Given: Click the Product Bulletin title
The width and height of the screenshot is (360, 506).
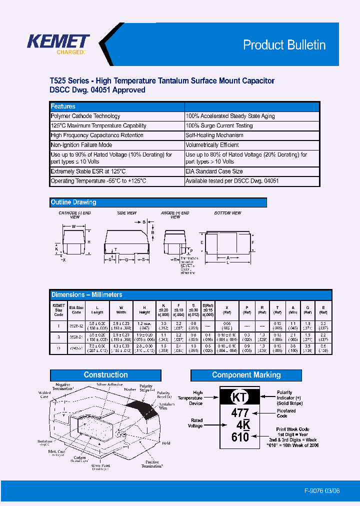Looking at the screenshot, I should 284,45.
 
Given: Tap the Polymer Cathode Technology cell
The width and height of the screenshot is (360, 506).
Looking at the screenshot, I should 85,116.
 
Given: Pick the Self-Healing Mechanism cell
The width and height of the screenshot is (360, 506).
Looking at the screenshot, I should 214,135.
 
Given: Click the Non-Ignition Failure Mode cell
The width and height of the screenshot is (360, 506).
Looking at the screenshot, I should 81,145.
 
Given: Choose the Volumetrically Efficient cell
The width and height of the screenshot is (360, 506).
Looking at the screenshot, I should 212,145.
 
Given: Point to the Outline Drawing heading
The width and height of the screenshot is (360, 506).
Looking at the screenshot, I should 73,202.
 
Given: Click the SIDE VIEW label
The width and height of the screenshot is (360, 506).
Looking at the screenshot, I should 126,213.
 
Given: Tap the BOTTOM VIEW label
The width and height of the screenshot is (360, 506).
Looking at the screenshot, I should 227,213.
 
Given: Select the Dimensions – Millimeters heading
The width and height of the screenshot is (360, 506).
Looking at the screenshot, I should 86,295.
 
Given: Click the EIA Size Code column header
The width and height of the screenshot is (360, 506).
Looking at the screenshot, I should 76,310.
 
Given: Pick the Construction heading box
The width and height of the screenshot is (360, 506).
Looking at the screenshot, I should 105,375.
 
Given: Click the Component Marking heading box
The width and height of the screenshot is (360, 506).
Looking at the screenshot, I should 246,375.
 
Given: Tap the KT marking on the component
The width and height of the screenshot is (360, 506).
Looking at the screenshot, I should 239,398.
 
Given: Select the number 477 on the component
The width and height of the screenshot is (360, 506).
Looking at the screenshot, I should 240,413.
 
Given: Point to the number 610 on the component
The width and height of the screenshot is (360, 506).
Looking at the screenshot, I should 240,437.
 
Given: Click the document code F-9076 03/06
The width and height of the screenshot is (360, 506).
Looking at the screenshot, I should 321,490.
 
